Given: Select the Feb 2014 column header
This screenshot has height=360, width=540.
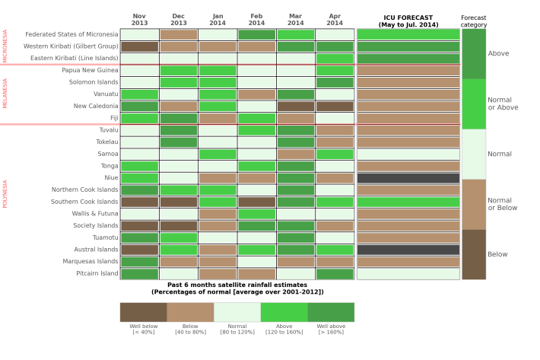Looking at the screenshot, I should pyautogui.click(x=256, y=19).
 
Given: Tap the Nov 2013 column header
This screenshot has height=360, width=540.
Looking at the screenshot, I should pyautogui.click(x=139, y=19).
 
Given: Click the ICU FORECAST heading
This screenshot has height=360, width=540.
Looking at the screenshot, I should pyautogui.click(x=408, y=21).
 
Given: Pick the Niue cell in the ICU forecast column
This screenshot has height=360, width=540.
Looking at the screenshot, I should pyautogui.click(x=408, y=178).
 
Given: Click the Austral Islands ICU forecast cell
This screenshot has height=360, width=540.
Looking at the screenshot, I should pyautogui.click(x=408, y=250).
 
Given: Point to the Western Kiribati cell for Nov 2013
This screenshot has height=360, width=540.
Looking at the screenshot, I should pyautogui.click(x=139, y=46).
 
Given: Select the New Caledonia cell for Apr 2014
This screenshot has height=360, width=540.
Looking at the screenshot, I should pyautogui.click(x=335, y=107).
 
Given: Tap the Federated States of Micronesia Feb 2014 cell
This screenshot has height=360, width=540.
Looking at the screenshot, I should pyautogui.click(x=256, y=34).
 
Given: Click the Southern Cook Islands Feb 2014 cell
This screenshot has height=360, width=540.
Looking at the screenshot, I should pyautogui.click(x=256, y=202).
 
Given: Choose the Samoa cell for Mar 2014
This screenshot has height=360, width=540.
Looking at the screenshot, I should pyautogui.click(x=296, y=154).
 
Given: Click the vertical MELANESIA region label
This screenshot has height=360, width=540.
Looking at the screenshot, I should pyautogui.click(x=5, y=94).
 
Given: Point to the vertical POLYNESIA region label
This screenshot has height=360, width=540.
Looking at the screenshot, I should pyautogui.click(x=5, y=194).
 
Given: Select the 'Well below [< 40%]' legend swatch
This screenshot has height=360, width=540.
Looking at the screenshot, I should pyautogui.click(x=143, y=312).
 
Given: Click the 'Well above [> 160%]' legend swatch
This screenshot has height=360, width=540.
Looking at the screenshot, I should pyautogui.click(x=331, y=312).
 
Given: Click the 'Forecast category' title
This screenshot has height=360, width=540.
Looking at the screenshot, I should pyautogui.click(x=474, y=21).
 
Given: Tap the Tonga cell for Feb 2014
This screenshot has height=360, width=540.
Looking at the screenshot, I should pyautogui.click(x=256, y=166).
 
